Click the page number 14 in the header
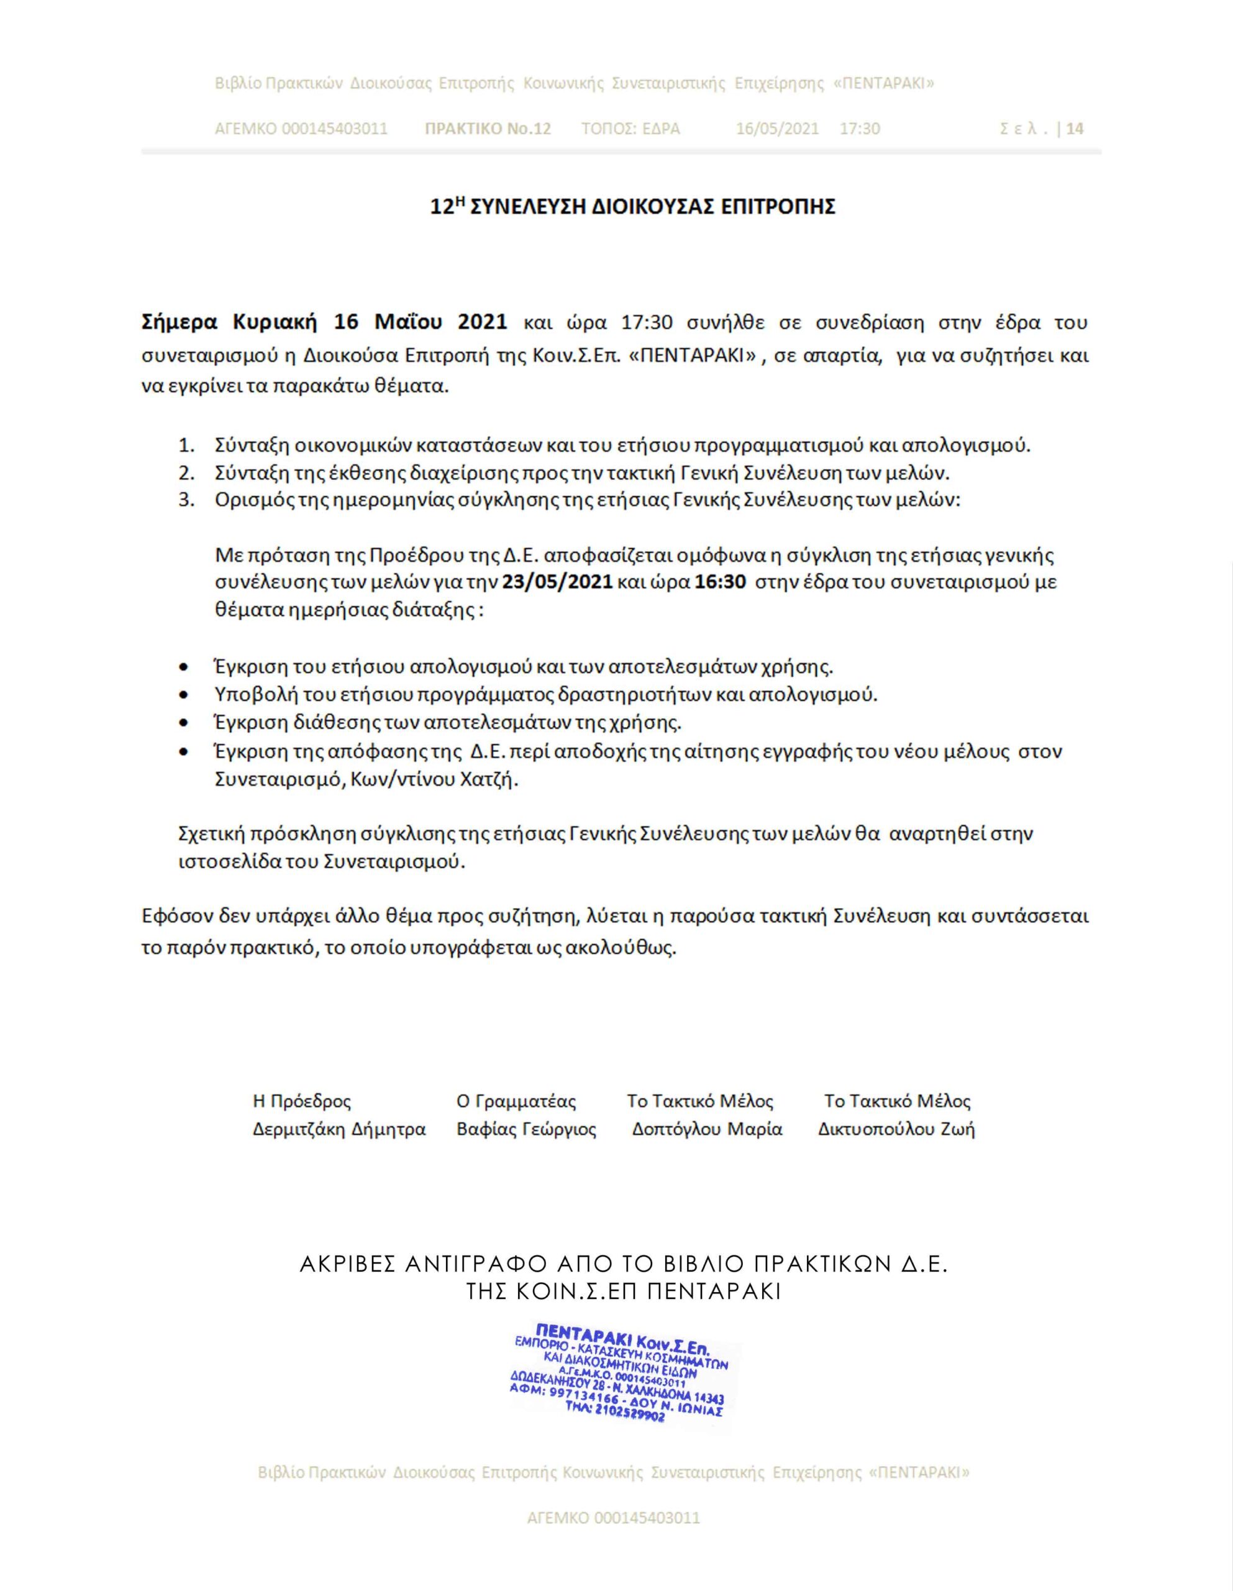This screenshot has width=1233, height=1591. click(1074, 129)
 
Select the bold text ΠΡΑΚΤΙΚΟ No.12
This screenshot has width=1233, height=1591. click(487, 129)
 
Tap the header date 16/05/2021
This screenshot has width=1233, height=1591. click(777, 129)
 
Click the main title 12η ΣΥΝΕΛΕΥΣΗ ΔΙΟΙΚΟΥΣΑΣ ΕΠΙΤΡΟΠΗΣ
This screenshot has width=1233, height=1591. click(632, 207)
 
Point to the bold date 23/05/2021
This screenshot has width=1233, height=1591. click(558, 582)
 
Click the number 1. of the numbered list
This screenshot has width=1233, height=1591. click(186, 445)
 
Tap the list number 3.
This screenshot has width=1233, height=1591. click(186, 500)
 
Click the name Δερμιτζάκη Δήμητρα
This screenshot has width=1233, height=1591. click(339, 1129)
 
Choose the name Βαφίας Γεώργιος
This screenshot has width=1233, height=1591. click(526, 1129)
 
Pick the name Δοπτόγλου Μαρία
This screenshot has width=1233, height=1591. click(706, 1129)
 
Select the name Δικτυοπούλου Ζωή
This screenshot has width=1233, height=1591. click(896, 1129)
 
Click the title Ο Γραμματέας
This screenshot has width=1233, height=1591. click(516, 1101)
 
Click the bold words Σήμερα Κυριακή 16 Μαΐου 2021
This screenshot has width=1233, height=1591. click(324, 322)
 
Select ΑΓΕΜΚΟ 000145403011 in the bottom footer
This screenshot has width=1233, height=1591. click(613, 1518)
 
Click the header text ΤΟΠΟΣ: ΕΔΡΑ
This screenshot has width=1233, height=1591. click(630, 129)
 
